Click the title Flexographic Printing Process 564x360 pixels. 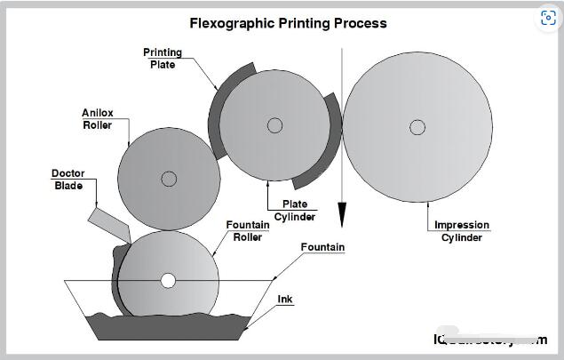(x=289, y=23)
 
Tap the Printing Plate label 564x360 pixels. (x=163, y=58)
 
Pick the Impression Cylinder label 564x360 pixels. (x=462, y=231)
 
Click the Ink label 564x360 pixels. (x=285, y=300)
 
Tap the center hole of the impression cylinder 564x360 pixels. (x=415, y=126)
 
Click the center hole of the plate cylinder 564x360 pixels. (x=274, y=125)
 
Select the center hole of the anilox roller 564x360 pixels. (x=169, y=179)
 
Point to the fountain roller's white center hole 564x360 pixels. (x=168, y=281)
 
